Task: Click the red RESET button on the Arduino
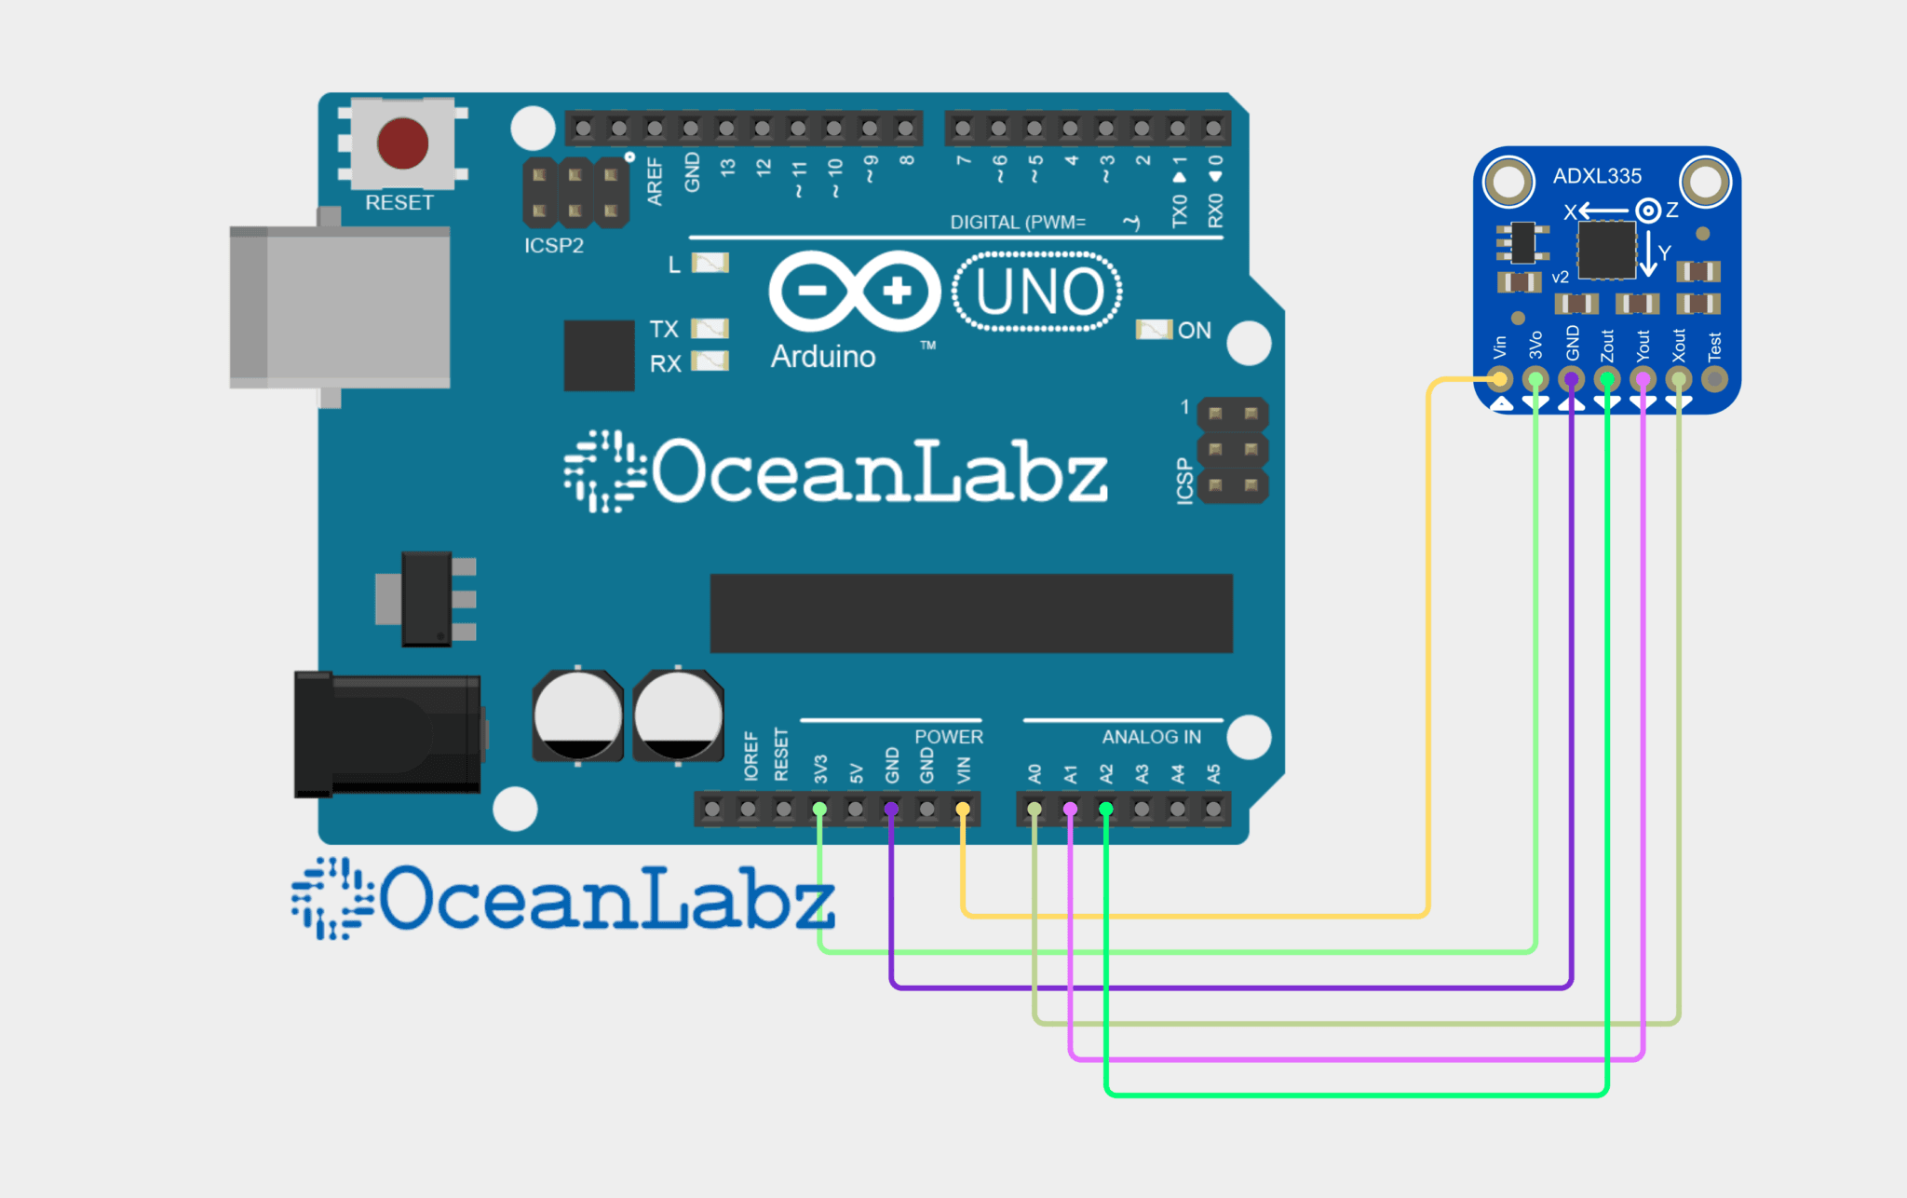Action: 402,143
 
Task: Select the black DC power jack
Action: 387,735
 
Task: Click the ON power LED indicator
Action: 1154,330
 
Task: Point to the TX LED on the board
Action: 710,328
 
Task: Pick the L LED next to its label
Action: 710,263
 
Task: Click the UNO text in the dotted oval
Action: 1038,292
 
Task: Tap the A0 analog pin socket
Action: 1034,809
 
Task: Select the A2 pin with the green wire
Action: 1105,809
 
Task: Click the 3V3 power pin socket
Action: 819,809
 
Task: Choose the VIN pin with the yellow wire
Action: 963,809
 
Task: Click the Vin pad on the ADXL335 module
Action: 1499,379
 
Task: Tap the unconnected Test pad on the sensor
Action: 1714,379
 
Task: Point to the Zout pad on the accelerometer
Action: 1607,379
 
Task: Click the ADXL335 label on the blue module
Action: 1597,176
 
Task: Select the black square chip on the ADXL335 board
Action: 1606,250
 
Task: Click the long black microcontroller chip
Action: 971,613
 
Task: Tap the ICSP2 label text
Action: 554,245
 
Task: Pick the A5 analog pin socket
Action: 1213,809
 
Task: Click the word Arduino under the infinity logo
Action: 823,357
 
